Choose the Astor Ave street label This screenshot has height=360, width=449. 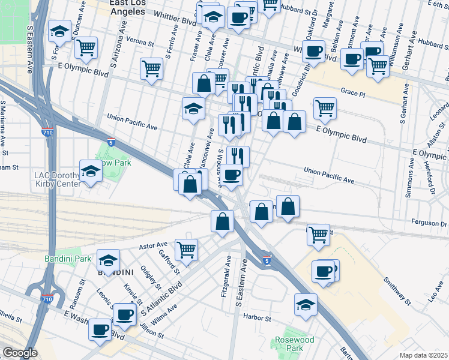pos(154,245)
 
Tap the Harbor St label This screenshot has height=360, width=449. pos(258,319)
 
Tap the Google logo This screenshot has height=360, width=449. pos(19,353)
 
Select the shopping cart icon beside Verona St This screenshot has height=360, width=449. pos(86,47)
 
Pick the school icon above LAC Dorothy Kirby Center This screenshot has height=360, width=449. pos(91,172)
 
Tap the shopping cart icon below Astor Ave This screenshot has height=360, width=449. pos(186,249)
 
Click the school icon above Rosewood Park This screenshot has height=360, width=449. pos(306,305)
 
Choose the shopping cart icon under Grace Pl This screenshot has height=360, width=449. pos(325,108)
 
